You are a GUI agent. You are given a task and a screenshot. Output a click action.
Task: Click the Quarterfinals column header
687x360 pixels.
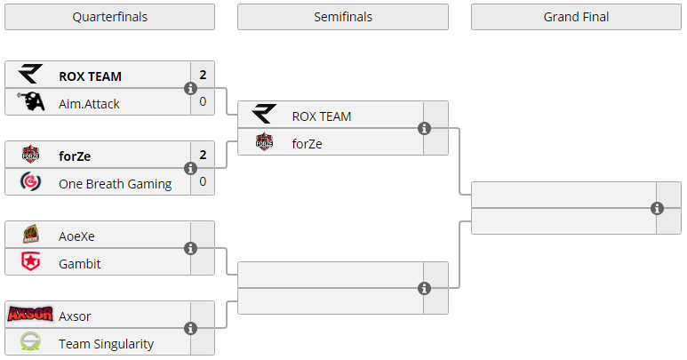pos(109,17)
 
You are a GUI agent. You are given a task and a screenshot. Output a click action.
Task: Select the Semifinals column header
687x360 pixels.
pos(342,17)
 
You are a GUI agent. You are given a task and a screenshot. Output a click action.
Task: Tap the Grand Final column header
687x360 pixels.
pos(576,17)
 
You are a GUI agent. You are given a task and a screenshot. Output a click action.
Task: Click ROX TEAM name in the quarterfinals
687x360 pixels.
pos(90,76)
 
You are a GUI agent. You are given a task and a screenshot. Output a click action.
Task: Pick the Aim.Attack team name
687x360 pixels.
pos(89,103)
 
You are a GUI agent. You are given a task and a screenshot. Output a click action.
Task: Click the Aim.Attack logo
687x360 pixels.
pos(31,102)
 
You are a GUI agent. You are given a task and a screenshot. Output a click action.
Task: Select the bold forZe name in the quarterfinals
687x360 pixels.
pos(75,156)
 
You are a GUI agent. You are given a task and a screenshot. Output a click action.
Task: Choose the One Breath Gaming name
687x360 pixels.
pos(115,183)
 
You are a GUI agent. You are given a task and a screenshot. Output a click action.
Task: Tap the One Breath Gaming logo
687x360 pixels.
pos(31,182)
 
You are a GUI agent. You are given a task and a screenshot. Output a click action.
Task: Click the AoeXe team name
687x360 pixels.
pos(76,236)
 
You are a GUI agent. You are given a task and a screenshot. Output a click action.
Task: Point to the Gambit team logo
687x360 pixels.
pos(31,262)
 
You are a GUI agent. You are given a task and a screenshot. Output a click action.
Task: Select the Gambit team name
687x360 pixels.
pos(79,263)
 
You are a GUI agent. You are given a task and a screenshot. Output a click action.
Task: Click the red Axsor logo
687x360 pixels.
pos(30,315)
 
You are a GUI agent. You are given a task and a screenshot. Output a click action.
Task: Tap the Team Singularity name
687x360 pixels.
pos(106,343)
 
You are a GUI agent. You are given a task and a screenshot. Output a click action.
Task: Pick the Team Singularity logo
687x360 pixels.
pos(31,342)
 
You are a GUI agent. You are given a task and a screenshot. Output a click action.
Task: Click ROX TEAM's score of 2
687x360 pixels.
pos(203,76)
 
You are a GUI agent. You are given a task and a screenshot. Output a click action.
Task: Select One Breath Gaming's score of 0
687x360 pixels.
pos(203,182)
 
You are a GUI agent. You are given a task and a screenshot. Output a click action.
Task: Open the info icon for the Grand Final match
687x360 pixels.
pos(657,208)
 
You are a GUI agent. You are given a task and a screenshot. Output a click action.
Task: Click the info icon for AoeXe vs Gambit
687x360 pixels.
pos(190,249)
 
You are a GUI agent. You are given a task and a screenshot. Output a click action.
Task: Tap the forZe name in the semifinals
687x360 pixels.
pos(307,142)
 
